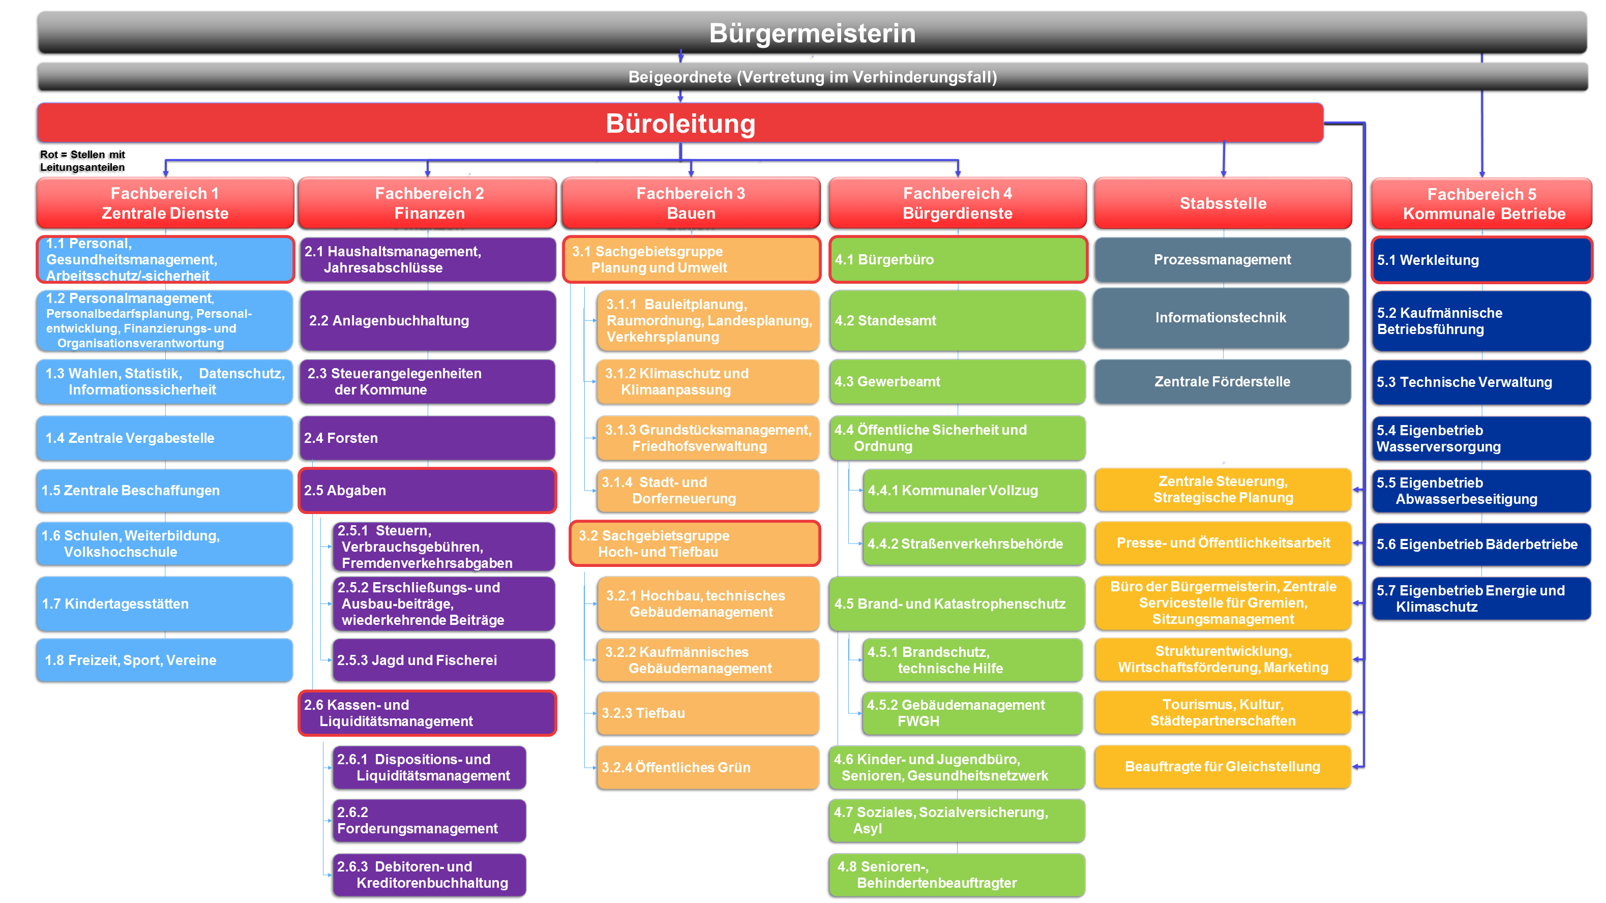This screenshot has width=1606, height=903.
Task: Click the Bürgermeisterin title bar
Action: tap(812, 33)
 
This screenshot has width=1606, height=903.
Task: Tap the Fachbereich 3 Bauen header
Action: tap(691, 203)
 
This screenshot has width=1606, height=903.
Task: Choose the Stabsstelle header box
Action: tap(1223, 203)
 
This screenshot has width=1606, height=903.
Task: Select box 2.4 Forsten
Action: tap(428, 438)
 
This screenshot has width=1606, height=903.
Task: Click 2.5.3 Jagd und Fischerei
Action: tap(443, 660)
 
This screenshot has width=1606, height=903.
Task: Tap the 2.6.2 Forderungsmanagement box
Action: tap(429, 820)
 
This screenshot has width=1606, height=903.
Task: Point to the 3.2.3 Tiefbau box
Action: tap(707, 713)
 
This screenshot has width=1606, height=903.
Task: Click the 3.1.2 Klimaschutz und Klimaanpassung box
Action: tap(707, 381)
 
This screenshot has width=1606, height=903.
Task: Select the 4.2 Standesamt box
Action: tap(957, 320)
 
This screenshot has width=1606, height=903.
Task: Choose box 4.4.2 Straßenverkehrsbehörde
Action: tap(974, 544)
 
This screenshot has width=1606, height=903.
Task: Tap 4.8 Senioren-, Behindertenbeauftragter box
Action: tap(957, 875)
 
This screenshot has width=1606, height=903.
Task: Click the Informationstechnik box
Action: tap(1221, 318)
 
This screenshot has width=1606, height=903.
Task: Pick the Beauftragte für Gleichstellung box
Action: tap(1223, 767)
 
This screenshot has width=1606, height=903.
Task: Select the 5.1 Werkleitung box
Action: tap(1481, 260)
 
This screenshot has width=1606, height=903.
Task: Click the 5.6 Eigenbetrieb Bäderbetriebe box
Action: tap(1481, 544)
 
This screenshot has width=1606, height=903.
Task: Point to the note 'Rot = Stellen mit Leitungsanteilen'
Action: tap(82, 161)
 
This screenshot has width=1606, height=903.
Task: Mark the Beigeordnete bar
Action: tap(812, 77)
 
